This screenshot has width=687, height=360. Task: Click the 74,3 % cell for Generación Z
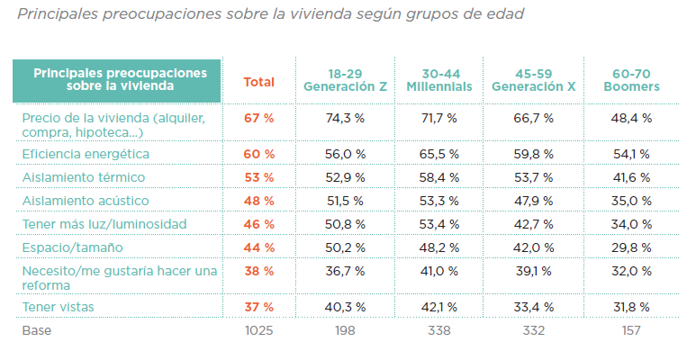(x=346, y=118)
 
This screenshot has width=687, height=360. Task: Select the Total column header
(x=259, y=82)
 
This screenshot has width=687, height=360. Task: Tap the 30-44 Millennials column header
(x=438, y=80)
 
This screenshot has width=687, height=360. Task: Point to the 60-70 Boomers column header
(x=630, y=80)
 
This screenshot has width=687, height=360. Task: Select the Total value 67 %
(x=259, y=118)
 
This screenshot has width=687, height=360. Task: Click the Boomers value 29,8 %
(x=630, y=246)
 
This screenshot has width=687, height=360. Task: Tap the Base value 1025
(x=259, y=331)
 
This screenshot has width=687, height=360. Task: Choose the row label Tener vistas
(x=59, y=308)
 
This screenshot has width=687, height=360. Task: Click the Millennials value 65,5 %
(x=438, y=154)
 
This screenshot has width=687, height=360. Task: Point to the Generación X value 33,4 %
(x=535, y=308)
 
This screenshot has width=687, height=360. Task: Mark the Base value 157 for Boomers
(x=630, y=331)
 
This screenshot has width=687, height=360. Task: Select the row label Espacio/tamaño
(x=72, y=246)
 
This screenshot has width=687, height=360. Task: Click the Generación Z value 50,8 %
(x=346, y=223)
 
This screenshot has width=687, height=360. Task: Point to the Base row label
(x=37, y=331)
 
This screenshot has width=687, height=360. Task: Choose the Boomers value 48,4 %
(x=630, y=118)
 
